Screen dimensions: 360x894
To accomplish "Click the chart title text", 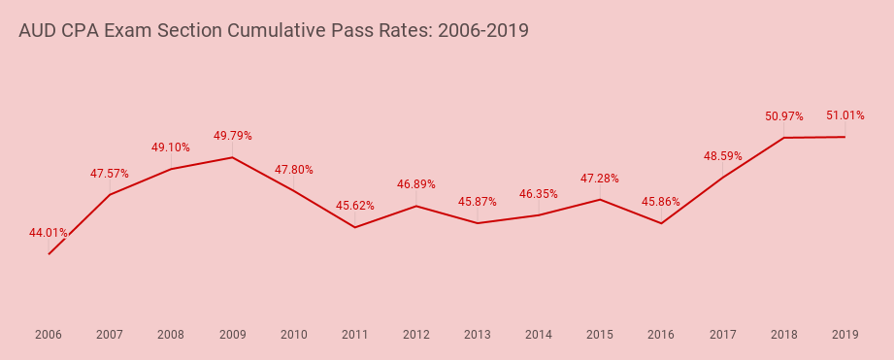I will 274,30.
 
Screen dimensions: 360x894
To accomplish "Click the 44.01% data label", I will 49,233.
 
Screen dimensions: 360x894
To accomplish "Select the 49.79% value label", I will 232,136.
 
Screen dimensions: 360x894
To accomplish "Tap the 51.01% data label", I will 844,115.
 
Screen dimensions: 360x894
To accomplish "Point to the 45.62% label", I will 355,206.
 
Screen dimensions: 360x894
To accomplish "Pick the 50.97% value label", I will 783,116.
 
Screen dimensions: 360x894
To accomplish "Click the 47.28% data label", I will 600,179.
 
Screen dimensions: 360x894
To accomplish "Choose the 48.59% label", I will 723,155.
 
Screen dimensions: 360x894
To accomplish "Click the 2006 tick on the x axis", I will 49,335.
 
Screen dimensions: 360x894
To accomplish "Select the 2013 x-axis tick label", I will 478,335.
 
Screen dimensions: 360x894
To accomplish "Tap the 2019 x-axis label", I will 844,335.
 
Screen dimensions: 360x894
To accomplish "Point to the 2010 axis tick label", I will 293,335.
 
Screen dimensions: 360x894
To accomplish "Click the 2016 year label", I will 661,335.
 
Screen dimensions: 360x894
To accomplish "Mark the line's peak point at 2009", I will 232,157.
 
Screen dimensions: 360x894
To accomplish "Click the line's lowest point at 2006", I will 49,254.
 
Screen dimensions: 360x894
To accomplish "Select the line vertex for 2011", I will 355,227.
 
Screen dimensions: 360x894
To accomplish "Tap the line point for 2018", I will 783,138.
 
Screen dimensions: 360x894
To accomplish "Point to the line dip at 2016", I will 661,223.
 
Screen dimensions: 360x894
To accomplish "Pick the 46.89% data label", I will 416,184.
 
